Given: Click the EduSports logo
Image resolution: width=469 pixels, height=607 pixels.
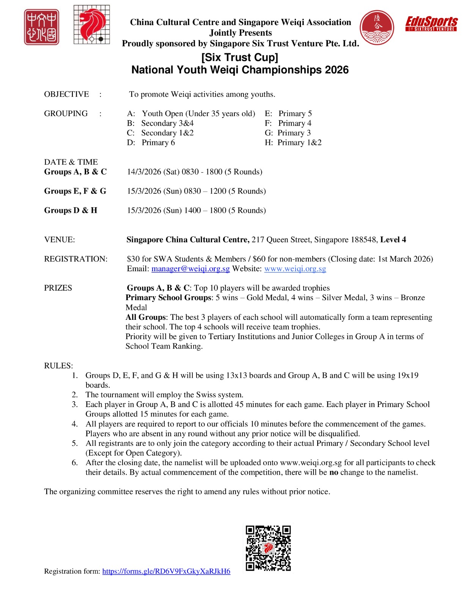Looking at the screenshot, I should coord(431,24).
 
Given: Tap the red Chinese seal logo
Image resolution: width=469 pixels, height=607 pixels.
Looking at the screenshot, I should coord(41,27).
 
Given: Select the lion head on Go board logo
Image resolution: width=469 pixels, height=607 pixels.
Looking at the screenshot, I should coord(91,25).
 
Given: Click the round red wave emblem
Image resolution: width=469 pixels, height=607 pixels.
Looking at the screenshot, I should coord(377,27).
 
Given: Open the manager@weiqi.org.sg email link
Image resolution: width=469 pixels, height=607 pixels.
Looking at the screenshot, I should coord(190,269).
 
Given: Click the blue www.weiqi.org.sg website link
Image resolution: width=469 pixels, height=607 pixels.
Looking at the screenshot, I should coord(295,269).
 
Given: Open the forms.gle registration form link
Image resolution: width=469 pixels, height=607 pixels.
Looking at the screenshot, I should coord(166,571).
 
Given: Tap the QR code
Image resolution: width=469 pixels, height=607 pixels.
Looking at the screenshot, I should coord(268,548).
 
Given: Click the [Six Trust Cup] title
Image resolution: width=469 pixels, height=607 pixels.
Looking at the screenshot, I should coord(239,57).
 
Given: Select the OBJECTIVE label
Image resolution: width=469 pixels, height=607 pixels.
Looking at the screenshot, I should coord(66,94).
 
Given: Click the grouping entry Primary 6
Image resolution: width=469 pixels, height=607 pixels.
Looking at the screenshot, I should coord(158,143).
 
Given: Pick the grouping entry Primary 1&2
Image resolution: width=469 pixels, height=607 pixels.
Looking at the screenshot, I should coord(299,143).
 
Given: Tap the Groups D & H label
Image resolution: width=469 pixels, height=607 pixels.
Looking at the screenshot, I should coord(71,211).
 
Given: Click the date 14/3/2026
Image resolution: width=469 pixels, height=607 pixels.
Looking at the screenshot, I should coord(144,172).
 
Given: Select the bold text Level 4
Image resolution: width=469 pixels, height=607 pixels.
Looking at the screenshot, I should coord(393,240).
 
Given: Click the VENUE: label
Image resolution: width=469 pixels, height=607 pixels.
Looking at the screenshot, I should coord(60,240).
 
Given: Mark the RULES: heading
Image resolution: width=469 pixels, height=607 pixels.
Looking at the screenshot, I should coord(58,366).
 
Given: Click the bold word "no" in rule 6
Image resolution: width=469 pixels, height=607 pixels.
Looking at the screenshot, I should coord(334,473).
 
